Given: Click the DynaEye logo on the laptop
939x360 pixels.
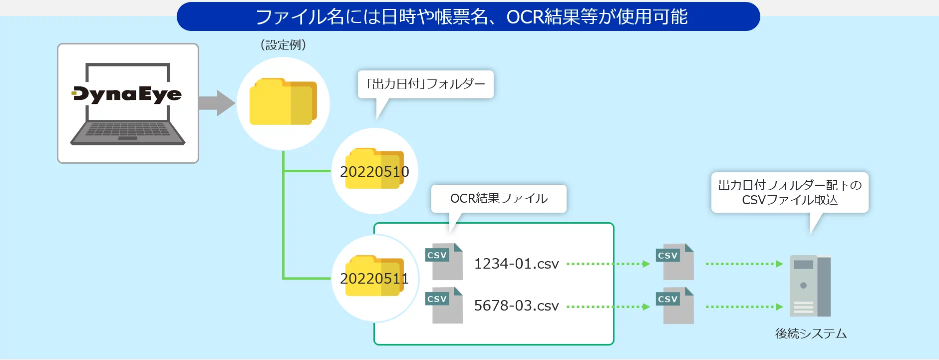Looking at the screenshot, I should (x=127, y=94).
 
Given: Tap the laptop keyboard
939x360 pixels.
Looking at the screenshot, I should (x=128, y=131).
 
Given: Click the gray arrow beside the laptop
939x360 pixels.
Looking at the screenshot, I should (x=216, y=103).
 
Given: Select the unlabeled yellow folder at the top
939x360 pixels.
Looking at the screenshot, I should (x=283, y=102).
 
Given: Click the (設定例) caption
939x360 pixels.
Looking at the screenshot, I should (x=283, y=45).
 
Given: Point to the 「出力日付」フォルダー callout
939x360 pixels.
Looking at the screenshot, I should (x=425, y=84).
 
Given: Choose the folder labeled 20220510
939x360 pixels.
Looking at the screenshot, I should (x=374, y=170).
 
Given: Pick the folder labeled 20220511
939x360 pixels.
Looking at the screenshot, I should (x=374, y=277).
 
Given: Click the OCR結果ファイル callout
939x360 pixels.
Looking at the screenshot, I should (x=499, y=199).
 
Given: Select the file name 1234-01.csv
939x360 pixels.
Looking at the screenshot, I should (x=516, y=264).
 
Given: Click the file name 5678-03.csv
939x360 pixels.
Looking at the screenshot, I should (x=516, y=306).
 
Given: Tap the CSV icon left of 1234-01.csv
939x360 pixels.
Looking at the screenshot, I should (x=444, y=261).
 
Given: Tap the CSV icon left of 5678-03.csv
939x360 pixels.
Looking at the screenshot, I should (x=444, y=305).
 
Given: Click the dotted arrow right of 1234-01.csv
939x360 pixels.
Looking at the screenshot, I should (x=608, y=264).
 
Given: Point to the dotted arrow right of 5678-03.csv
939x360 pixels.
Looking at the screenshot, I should (x=608, y=307).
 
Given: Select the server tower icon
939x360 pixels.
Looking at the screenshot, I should (x=810, y=286).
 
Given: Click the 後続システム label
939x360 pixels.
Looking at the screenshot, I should (x=811, y=334).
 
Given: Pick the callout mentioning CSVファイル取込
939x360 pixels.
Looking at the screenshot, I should (x=790, y=193).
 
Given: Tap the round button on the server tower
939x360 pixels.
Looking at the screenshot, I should (x=803, y=286).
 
